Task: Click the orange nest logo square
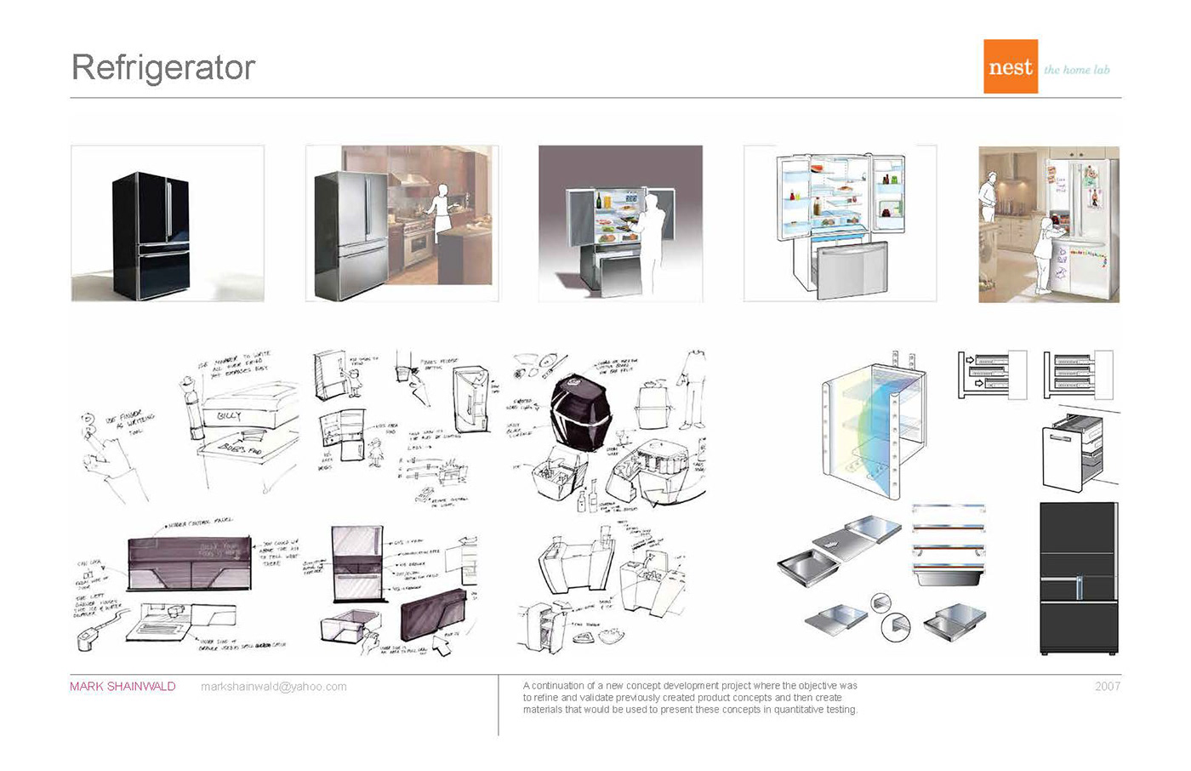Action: tap(1010, 66)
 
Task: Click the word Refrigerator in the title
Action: tap(163, 68)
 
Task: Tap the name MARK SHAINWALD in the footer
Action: tap(123, 687)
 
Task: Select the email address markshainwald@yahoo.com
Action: tap(273, 687)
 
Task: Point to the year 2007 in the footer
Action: tap(1107, 687)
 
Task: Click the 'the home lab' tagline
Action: tap(1076, 70)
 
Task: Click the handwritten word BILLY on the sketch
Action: tap(229, 416)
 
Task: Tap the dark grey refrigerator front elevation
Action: tap(1079, 579)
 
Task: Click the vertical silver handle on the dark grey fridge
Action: tap(1079, 587)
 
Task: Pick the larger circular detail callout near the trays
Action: tap(895, 628)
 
